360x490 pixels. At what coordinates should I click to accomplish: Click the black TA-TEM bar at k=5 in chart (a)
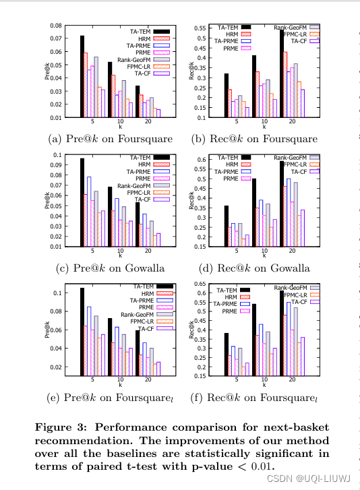(82, 76)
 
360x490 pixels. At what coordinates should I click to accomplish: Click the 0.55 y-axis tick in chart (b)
(200, 28)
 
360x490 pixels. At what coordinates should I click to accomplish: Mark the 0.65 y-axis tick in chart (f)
(200, 284)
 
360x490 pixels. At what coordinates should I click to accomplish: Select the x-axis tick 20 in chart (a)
(148, 123)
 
